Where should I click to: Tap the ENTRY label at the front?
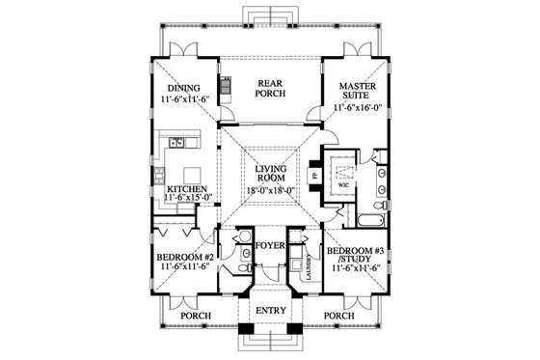click(270, 311)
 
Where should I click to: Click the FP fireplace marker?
click(315, 177)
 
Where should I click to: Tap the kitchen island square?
click(178, 154)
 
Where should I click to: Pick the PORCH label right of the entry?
click(342, 315)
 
